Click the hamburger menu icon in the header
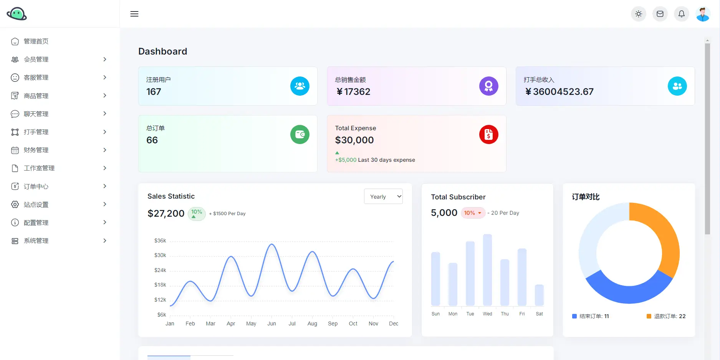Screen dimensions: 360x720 tap(134, 14)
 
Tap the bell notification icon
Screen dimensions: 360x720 tap(681, 14)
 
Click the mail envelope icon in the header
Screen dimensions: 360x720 tap(660, 14)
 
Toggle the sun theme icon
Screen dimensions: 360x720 tap(638, 14)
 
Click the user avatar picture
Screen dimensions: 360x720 tap(703, 14)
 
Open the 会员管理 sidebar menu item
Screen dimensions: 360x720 tap(36, 60)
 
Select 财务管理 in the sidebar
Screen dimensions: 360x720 tap(36, 150)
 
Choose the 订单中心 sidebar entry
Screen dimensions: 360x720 tap(36, 187)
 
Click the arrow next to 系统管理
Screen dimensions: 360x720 tap(104, 241)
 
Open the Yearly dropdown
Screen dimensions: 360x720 tap(383, 197)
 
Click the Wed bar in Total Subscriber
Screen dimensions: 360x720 tap(487, 270)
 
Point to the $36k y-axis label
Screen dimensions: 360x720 tap(160, 241)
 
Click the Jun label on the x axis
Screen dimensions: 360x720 tap(271, 324)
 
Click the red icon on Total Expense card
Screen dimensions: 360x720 tap(488, 135)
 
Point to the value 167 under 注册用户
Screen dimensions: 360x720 tap(154, 92)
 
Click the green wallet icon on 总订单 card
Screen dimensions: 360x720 tap(300, 135)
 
